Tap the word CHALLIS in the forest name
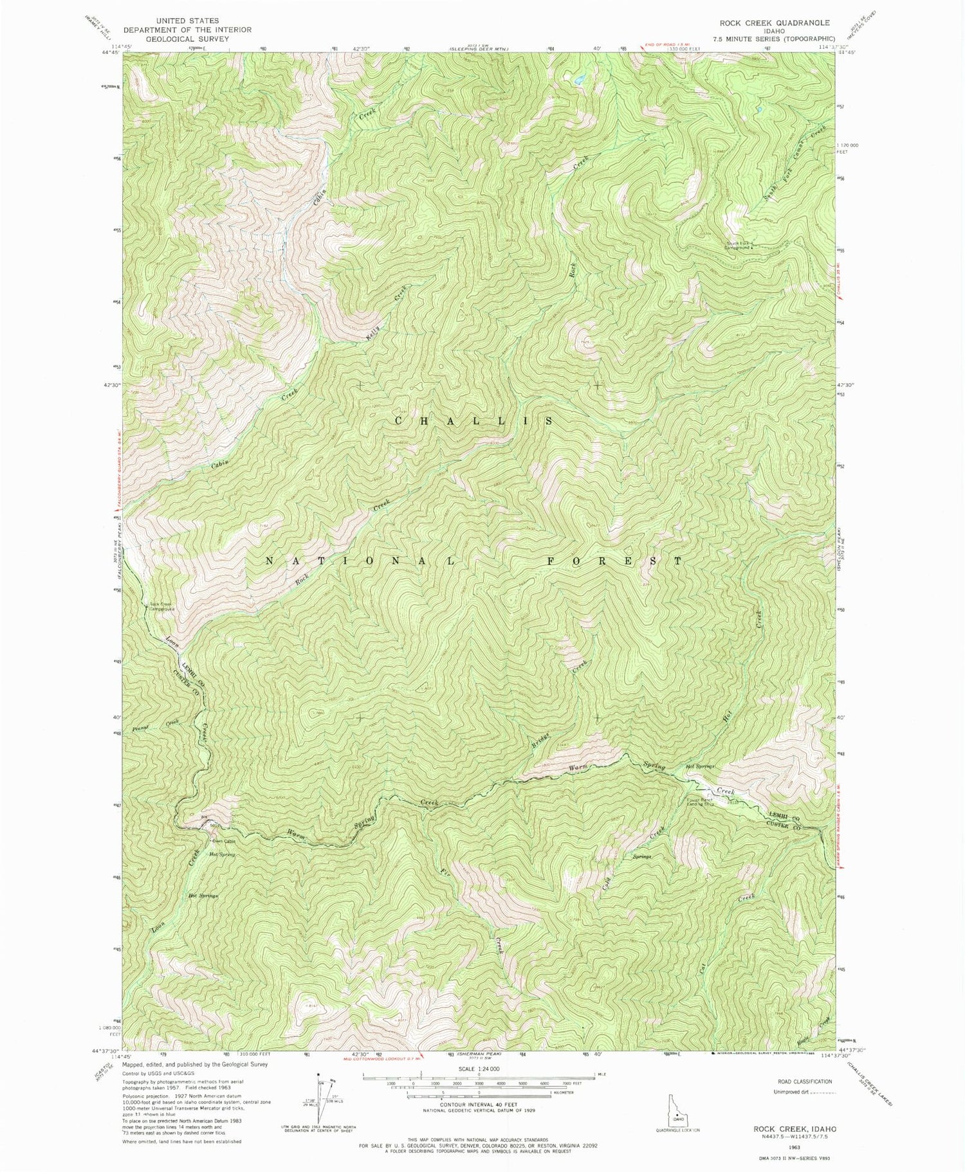pos(473,421)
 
